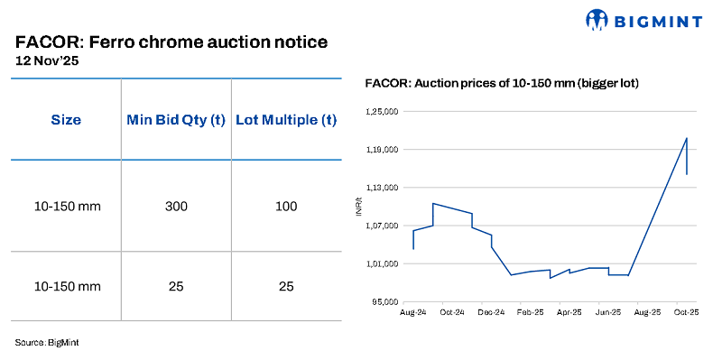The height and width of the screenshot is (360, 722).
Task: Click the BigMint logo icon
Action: (x=597, y=19)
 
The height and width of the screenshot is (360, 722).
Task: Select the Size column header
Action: (x=66, y=120)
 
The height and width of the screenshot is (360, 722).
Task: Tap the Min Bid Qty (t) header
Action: (x=176, y=120)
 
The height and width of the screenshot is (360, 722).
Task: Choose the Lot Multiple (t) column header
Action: (x=286, y=120)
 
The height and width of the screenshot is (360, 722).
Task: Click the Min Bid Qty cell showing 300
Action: (x=176, y=207)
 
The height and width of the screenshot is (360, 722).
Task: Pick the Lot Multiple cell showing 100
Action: (x=286, y=207)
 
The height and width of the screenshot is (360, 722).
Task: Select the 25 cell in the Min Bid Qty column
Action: (x=176, y=286)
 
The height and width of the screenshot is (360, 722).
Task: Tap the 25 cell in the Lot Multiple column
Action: (x=286, y=286)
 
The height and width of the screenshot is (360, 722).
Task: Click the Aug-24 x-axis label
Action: (x=412, y=312)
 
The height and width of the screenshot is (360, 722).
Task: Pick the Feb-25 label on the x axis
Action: (x=530, y=312)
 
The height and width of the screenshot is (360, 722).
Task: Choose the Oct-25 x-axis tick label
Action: (x=688, y=312)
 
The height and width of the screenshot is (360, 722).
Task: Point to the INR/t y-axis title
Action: (x=359, y=208)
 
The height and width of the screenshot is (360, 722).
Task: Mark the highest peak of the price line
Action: (x=687, y=138)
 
